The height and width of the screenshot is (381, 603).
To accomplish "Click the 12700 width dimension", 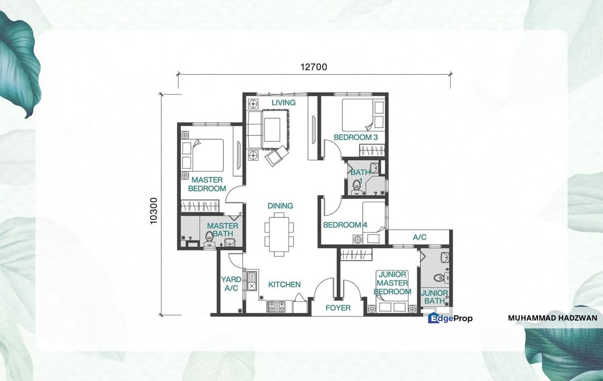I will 314,67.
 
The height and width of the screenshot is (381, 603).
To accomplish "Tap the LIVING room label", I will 284,102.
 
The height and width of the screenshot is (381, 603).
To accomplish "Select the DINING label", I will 280,205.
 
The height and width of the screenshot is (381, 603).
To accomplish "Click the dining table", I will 279,232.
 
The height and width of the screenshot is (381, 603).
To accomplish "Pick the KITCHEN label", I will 284,285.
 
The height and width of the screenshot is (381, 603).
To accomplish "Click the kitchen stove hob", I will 276,306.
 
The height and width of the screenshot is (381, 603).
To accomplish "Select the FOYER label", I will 337,307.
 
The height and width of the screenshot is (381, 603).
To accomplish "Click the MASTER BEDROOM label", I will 207,184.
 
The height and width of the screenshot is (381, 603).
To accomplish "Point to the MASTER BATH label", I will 222,230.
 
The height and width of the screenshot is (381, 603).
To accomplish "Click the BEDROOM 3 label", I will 355,138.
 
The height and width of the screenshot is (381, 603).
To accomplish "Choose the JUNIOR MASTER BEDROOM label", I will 392,283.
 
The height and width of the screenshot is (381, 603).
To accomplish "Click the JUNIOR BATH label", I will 434,297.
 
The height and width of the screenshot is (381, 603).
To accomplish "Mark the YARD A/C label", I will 231,284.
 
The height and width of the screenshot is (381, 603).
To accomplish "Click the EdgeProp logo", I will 450,318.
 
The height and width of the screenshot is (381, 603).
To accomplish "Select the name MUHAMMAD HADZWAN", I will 552,318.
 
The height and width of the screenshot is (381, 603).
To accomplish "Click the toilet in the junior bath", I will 438,278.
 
